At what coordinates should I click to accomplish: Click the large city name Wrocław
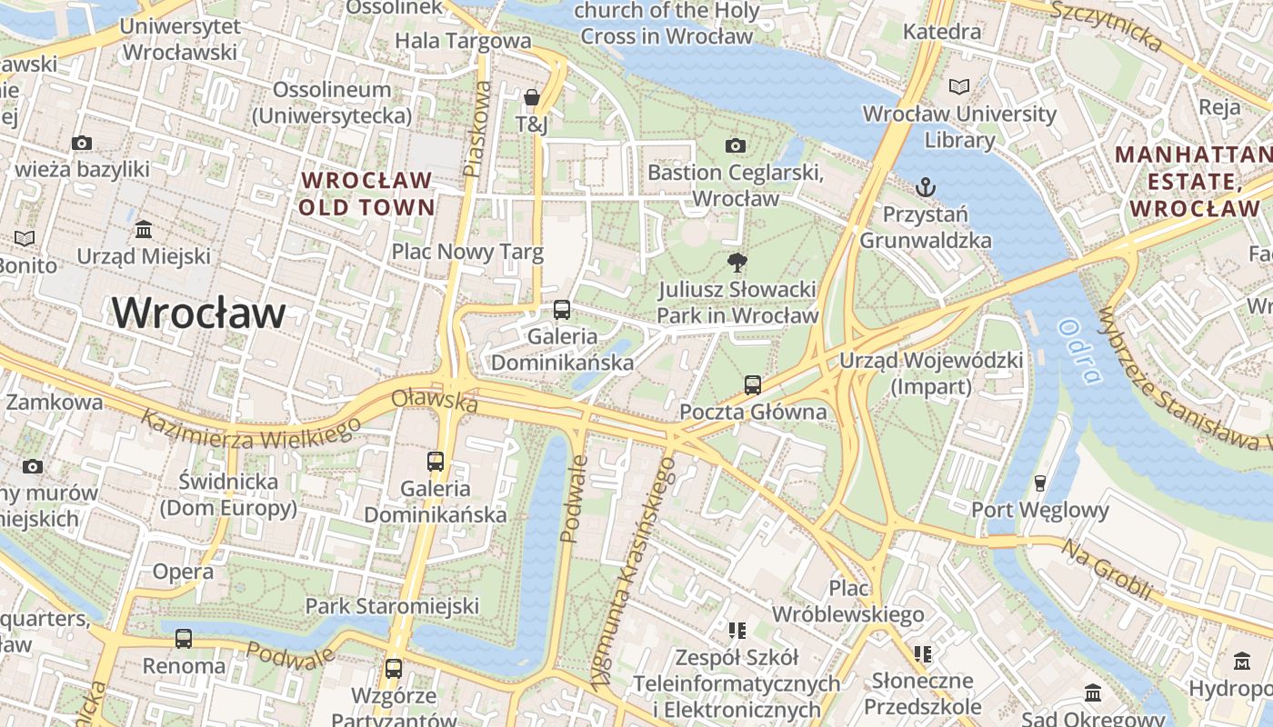tap(199, 314)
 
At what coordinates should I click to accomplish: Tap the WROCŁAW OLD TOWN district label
tap(367, 193)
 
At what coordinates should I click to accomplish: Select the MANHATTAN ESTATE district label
tap(1193, 181)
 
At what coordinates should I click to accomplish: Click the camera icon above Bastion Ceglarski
tap(736, 145)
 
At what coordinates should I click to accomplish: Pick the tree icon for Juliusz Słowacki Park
tap(737, 263)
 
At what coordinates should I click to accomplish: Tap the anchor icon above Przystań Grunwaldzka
tap(925, 187)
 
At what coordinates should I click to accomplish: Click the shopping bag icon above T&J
tap(532, 96)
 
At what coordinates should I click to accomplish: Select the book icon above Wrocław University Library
tap(959, 86)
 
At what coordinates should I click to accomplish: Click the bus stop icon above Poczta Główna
tap(753, 384)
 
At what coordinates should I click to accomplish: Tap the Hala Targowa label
tap(463, 40)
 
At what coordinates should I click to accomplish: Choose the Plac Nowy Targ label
tap(467, 252)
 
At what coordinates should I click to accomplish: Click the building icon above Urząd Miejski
tap(144, 229)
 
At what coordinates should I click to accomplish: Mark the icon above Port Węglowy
tap(1040, 483)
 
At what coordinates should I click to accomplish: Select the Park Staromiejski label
tap(392, 605)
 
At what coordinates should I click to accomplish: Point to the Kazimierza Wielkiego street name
tap(245, 429)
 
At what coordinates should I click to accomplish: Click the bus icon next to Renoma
tap(184, 639)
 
